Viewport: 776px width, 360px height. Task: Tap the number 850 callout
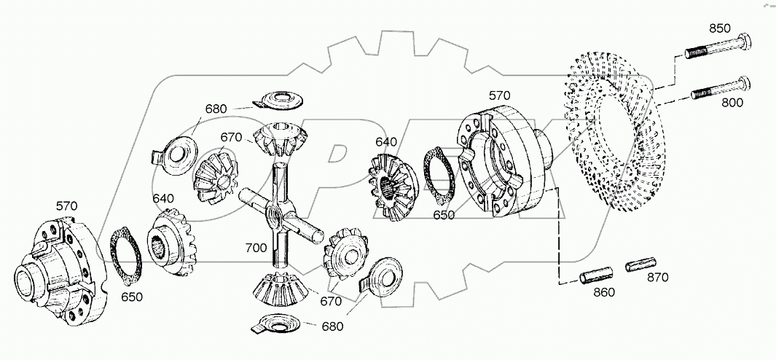(x=719, y=28)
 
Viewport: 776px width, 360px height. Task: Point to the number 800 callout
(x=732, y=103)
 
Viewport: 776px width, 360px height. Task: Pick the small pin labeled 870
(x=639, y=263)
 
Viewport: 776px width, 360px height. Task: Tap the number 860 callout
(x=604, y=292)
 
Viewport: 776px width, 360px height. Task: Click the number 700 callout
(x=256, y=248)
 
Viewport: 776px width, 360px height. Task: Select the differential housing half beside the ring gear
(x=503, y=160)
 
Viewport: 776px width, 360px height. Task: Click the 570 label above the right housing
(x=499, y=95)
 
